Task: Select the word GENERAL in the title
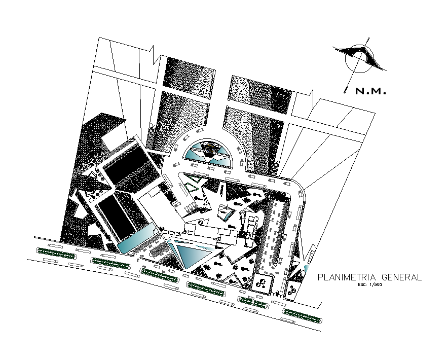(402, 277)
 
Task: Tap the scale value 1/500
(376, 285)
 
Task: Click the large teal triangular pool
(189, 254)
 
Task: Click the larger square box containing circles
(263, 283)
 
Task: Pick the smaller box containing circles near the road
(292, 290)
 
